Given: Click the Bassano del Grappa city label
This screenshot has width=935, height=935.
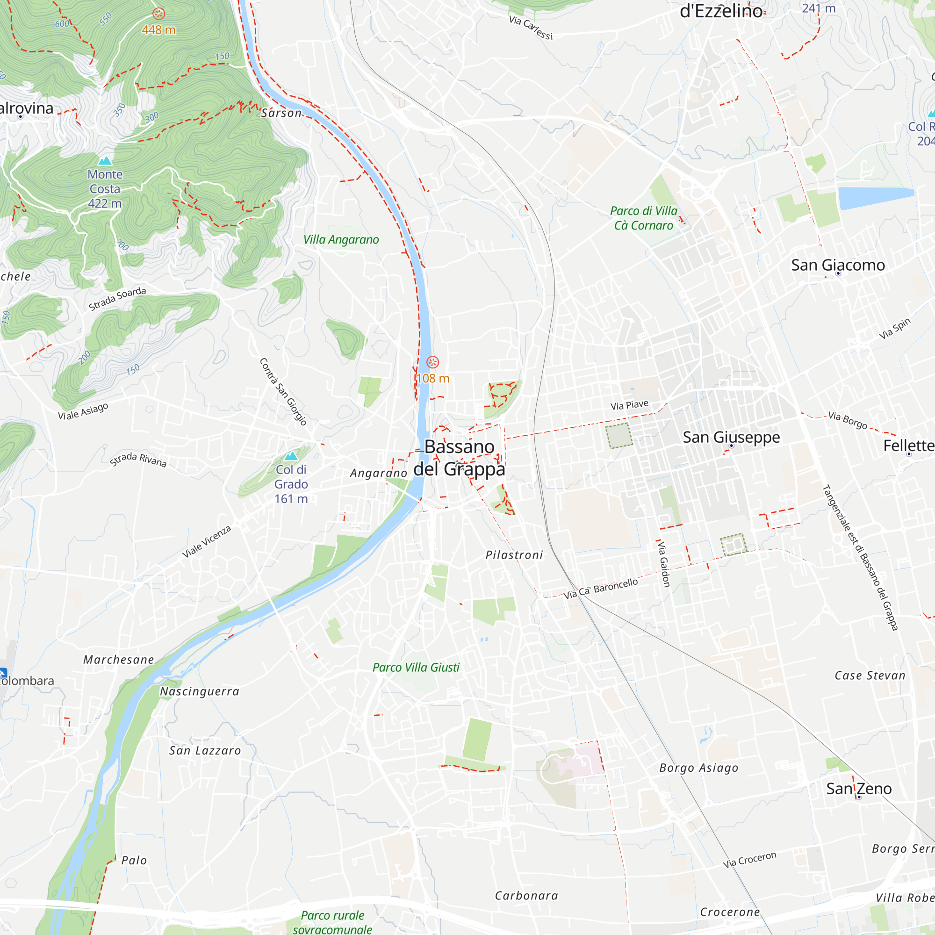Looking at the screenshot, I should pos(459,457).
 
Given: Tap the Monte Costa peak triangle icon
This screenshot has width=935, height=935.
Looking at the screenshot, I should pos(105,161).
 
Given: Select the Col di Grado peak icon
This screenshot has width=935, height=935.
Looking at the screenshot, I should pos(291,456).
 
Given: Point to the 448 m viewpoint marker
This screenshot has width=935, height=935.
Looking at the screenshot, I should pos(159,14).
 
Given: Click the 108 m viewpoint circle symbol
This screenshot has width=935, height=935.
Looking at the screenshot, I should pos(432,362).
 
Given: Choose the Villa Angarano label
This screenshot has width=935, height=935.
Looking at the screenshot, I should pos(341,239).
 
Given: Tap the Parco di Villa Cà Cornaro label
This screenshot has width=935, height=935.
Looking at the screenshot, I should pos(643,218).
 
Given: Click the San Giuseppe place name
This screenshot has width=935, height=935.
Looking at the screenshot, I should pos(731,437).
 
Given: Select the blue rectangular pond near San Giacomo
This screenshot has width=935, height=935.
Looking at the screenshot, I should pos(876,197).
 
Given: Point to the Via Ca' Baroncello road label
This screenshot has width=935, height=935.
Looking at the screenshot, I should pos(600,589).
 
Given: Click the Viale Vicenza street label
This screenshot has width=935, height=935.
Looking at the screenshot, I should pos(207,541).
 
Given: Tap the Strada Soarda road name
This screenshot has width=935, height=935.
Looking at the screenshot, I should pos(117,298).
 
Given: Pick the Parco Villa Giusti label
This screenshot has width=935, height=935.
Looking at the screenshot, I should pos(416,668).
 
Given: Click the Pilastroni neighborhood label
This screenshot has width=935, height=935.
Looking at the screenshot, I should pos(514,555).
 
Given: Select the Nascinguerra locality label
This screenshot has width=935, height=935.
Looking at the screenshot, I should pos(200,691).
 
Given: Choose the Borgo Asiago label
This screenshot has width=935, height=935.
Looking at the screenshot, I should pos(698,768).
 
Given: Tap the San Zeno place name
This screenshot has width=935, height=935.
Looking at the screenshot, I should pos(858,788).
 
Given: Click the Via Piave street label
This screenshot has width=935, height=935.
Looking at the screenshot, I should pos(629,405).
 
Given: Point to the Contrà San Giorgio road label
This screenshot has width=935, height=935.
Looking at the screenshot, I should pos(283,391).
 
